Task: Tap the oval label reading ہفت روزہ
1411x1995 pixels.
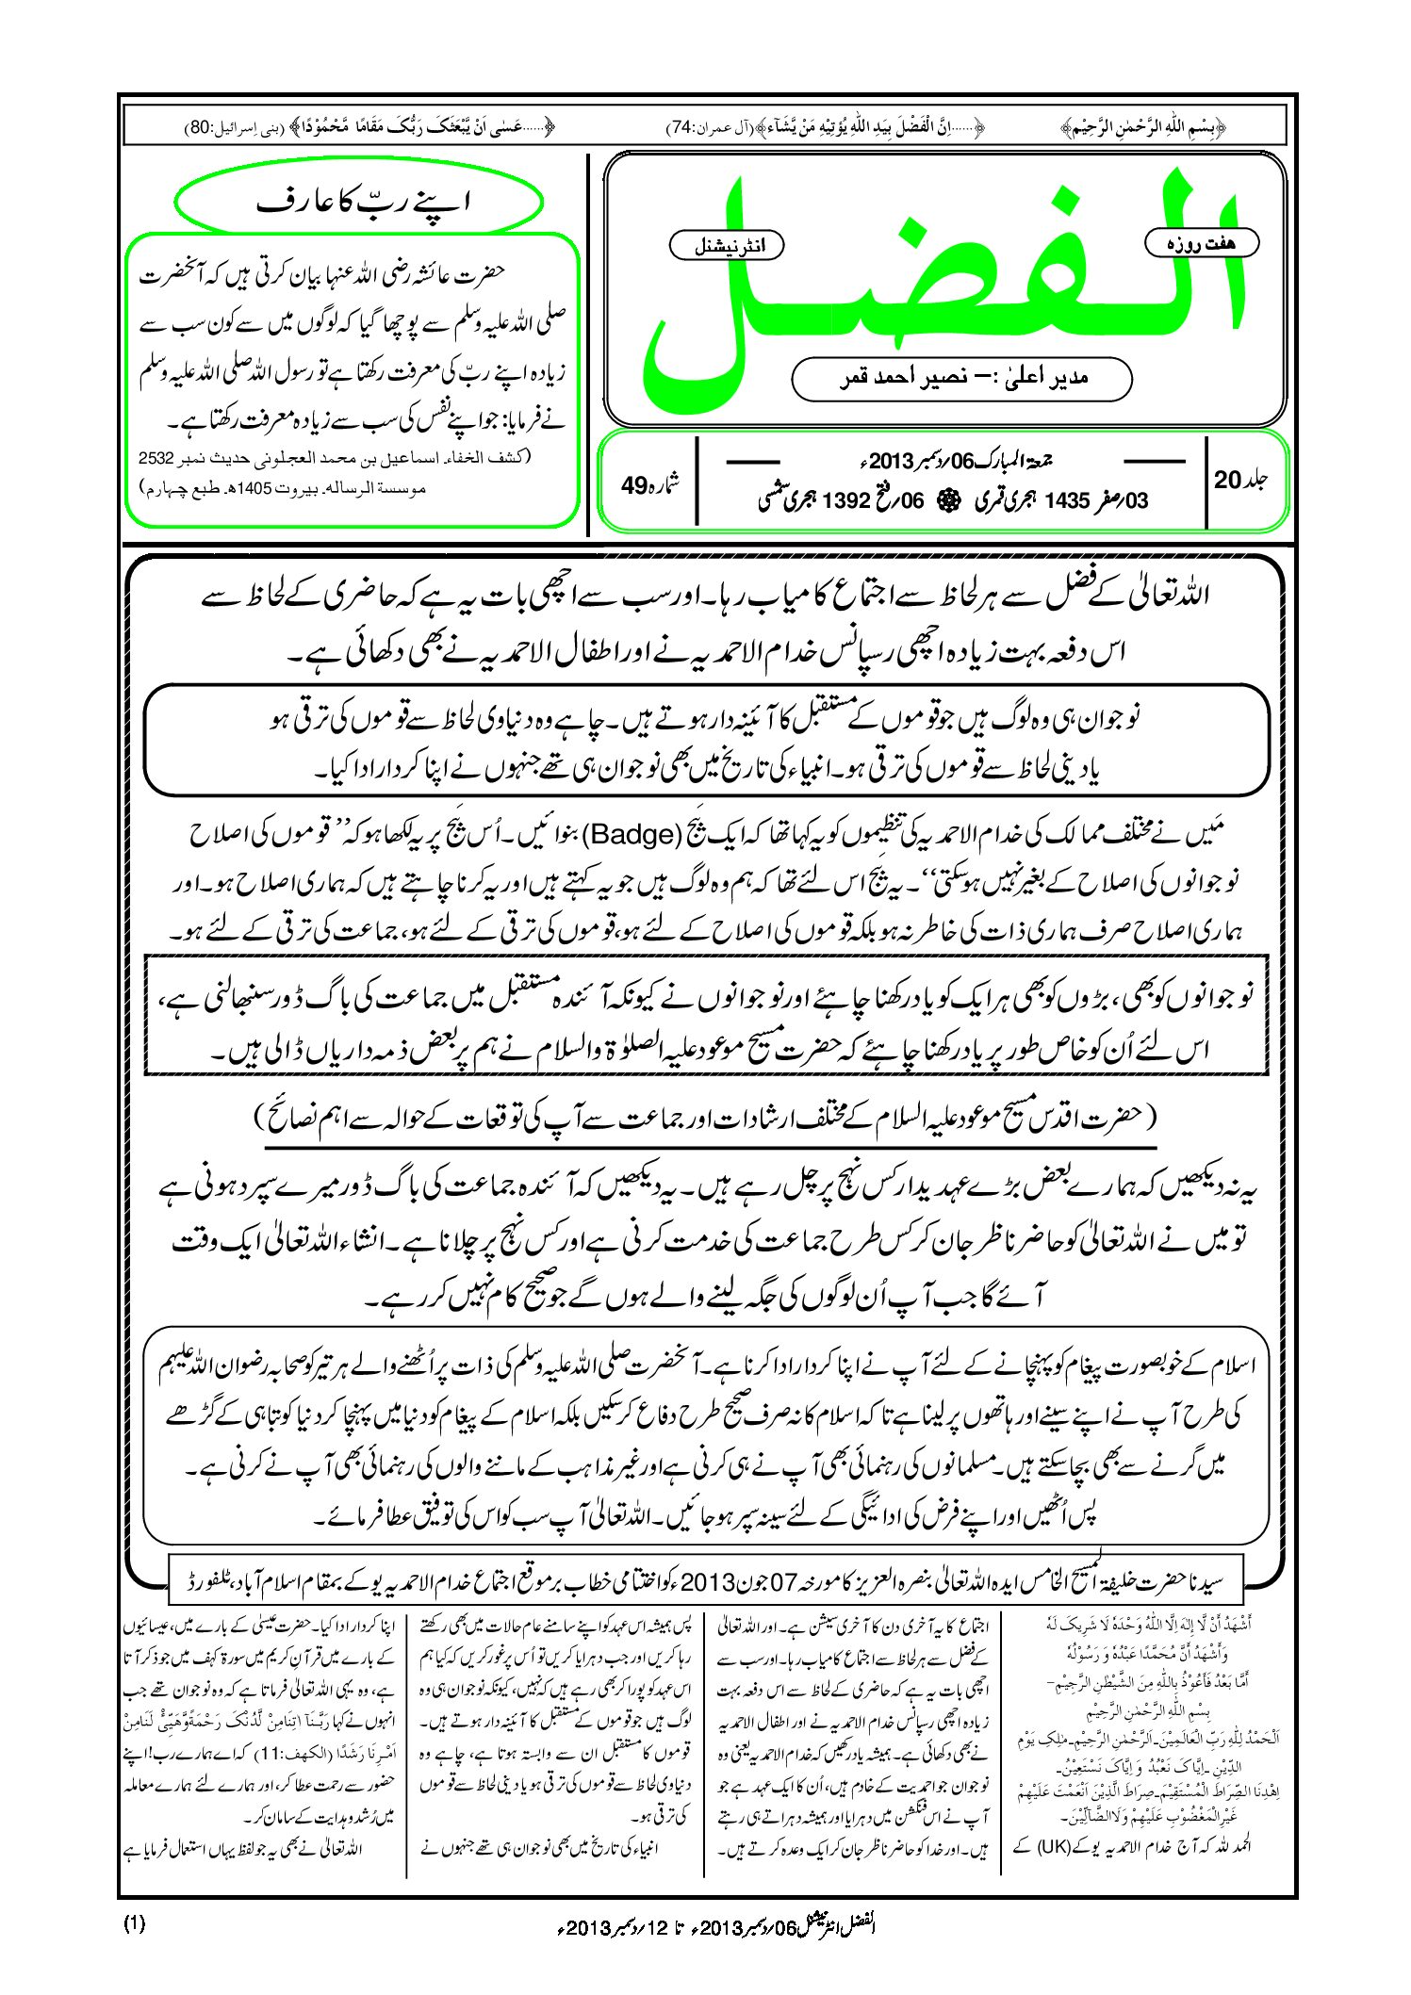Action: pyautogui.click(x=1202, y=243)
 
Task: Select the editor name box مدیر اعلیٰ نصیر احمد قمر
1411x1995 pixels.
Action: pyautogui.click(x=961, y=378)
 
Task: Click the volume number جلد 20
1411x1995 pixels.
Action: pyautogui.click(x=1240, y=480)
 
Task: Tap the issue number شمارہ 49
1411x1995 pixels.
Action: pyautogui.click(x=649, y=485)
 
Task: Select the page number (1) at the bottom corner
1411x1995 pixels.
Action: pyautogui.click(x=135, y=1923)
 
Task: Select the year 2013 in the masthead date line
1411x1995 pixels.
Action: pyautogui.click(x=893, y=462)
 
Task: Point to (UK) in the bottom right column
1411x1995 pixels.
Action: pyautogui.click(x=1063, y=1845)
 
